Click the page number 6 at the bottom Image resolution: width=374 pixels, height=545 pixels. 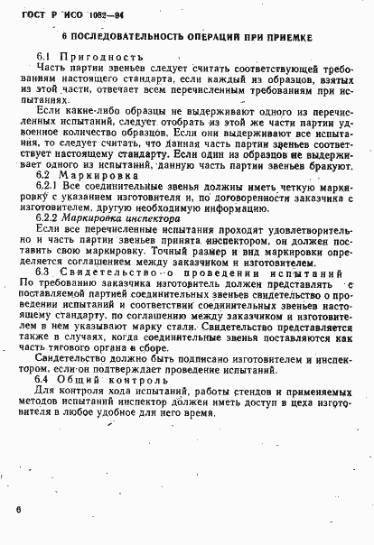point(18,510)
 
